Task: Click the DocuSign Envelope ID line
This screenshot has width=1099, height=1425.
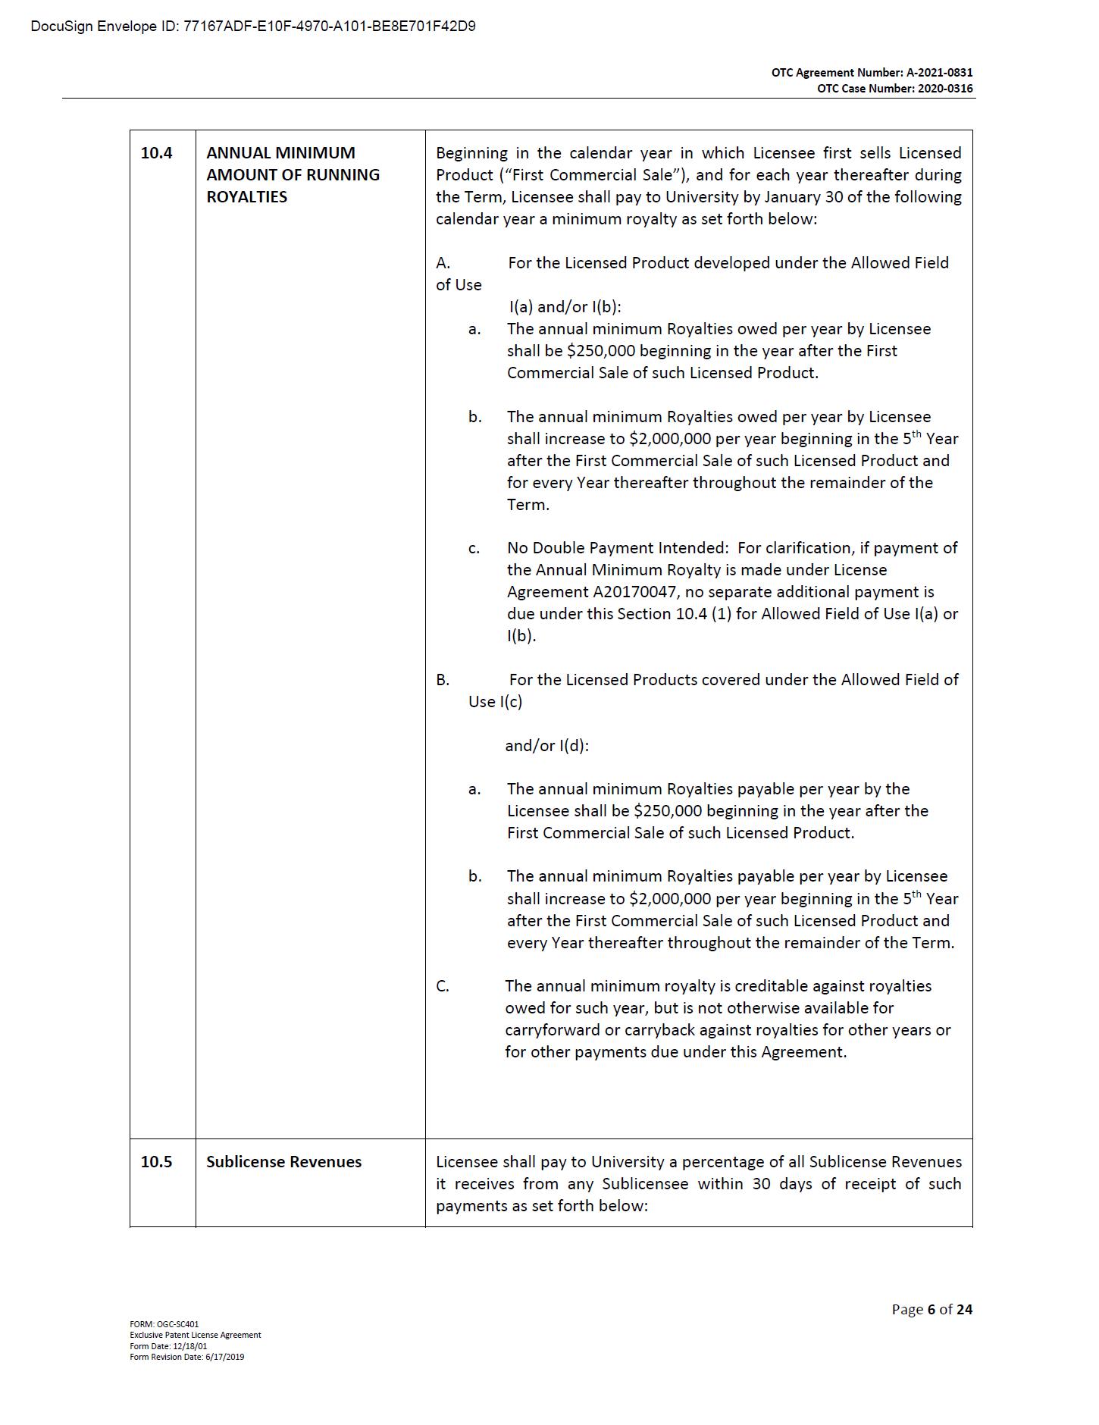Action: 253,27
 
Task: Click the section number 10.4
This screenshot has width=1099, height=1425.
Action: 156,153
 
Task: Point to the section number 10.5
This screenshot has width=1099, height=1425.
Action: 156,1162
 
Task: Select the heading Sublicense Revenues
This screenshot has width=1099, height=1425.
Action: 283,1162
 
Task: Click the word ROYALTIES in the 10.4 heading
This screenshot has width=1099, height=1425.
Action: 246,197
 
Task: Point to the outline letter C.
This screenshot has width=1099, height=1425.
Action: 443,986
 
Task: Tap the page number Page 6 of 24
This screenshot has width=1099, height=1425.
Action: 931,1309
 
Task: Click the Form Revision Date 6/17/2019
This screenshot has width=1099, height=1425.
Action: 186,1357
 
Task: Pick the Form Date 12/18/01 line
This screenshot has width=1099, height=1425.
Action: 168,1346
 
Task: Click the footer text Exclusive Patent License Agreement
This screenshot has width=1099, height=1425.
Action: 195,1335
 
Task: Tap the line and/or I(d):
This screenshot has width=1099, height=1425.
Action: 546,746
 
